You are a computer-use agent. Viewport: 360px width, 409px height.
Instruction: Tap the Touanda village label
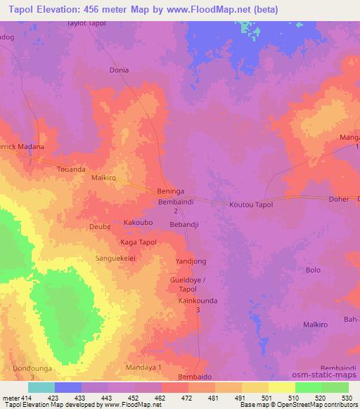coord(71,169)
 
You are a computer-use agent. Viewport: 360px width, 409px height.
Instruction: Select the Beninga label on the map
coord(170,191)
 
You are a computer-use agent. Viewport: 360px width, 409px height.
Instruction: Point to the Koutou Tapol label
coord(251,204)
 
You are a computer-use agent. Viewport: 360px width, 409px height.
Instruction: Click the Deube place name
coord(99,226)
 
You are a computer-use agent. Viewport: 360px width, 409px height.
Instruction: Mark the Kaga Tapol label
coord(139,242)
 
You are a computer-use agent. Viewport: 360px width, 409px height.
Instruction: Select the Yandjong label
coord(191,261)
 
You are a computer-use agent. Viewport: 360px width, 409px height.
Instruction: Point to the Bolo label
coord(314,270)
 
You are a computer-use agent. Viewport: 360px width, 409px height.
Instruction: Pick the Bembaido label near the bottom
coord(194,377)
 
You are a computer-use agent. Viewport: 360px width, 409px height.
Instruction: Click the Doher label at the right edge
coord(339,199)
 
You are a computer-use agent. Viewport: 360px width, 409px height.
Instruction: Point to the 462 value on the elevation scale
coord(150,398)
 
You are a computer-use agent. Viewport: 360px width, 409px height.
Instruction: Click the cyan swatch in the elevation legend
coord(41,387)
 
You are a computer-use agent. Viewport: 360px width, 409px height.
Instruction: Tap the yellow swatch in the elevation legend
coord(282,387)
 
